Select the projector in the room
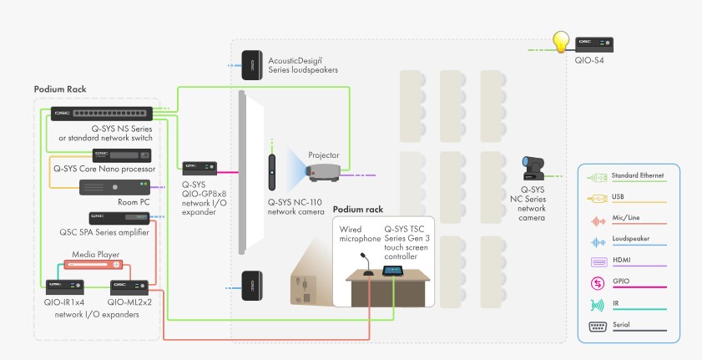322,173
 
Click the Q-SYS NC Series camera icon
533,169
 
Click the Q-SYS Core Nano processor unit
122,155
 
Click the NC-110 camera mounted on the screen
271,170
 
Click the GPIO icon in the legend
598,284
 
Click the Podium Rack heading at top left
60,89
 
